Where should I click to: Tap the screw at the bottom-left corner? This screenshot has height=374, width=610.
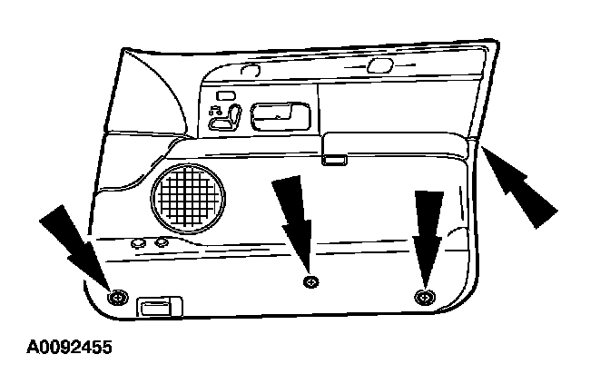pos(116,297)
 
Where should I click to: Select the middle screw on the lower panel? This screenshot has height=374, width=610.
pos(310,281)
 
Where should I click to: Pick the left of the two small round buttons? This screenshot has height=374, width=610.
pos(139,243)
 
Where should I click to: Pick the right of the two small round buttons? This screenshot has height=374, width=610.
pos(161,243)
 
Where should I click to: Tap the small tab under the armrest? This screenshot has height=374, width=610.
pos(334,162)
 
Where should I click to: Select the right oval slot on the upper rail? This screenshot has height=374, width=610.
pos(379,64)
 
